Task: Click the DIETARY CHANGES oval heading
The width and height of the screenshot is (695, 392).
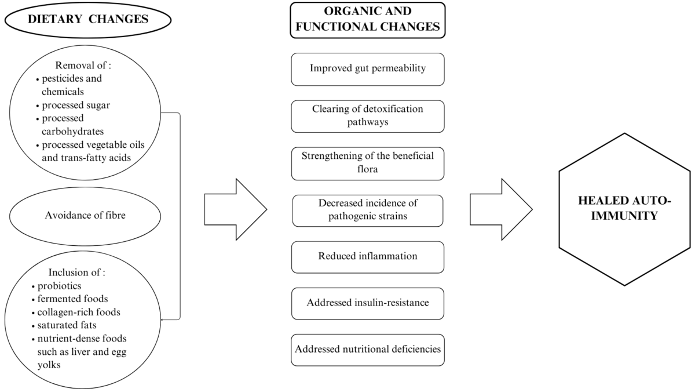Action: coord(88,19)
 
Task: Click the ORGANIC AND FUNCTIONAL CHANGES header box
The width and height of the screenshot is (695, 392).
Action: coord(368,20)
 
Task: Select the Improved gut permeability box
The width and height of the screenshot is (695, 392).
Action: coord(368,68)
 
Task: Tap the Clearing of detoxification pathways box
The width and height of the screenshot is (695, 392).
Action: coord(368,116)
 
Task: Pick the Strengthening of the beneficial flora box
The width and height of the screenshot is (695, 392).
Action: coord(368,163)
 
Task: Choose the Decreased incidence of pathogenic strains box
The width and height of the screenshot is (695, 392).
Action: coord(368,210)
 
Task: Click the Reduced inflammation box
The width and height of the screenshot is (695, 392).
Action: coord(368,257)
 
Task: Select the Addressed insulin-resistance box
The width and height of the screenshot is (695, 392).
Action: coord(368,303)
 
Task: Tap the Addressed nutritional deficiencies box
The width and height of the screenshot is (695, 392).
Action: coord(368,350)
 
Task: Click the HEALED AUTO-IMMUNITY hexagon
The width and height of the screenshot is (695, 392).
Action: coord(624,209)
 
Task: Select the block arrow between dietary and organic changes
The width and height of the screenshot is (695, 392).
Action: coord(235,209)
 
